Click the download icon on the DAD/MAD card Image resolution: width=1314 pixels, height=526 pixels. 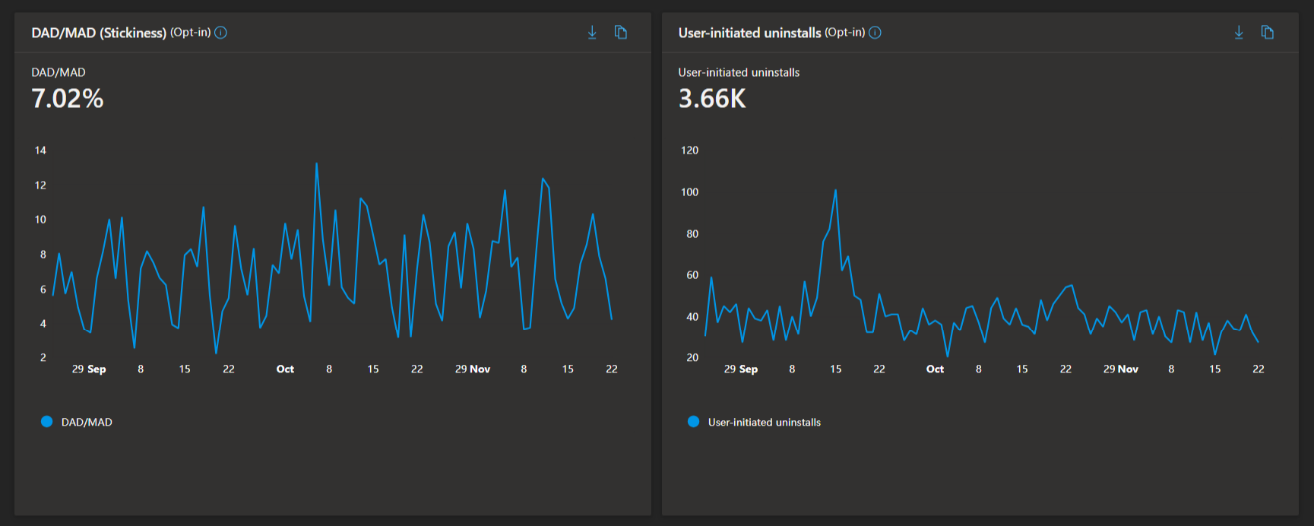point(592,32)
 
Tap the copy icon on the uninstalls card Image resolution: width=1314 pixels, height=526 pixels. point(1267,32)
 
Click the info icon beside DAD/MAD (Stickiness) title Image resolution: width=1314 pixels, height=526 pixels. point(220,33)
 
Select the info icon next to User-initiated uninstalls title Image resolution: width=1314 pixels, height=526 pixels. point(875,33)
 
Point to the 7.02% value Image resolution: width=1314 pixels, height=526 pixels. point(67,99)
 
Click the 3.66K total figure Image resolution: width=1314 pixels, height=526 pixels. point(712,99)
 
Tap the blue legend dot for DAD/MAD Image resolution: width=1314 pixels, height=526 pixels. point(46,422)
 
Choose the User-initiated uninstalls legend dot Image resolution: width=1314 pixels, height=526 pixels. point(693,422)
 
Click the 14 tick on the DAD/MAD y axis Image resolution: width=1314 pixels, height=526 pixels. point(40,151)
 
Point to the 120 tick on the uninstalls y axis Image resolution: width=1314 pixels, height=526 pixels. point(689,151)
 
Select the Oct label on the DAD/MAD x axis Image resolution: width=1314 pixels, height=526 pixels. point(285,369)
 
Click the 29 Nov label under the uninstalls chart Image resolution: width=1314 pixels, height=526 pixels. point(1121,369)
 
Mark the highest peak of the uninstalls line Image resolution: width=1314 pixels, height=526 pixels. point(835,190)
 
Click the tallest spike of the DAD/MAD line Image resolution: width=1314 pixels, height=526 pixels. point(316,163)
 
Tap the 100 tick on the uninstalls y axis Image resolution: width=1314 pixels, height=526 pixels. point(689,192)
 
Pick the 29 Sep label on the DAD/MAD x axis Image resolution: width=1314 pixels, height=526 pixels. point(89,369)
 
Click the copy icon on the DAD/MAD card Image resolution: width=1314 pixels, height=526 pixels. point(621,32)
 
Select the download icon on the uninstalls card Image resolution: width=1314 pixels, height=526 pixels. point(1239,32)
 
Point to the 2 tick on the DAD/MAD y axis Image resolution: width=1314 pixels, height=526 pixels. point(43,357)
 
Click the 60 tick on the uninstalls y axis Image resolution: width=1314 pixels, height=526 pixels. point(692,275)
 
